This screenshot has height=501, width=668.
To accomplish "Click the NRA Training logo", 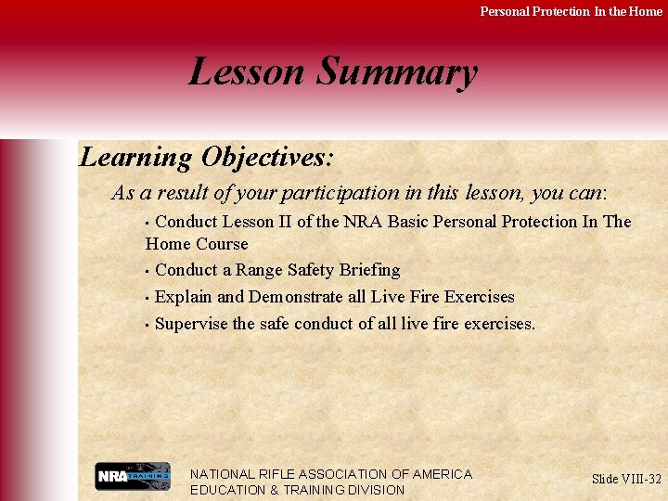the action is (133, 476).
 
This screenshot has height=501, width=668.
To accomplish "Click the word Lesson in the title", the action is (246, 71).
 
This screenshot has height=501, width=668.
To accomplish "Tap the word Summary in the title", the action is (397, 73).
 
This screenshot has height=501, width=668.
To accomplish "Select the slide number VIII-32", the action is (636, 479).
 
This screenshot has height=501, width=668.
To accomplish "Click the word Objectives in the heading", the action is (266, 158).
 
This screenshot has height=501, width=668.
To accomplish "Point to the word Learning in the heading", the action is (135, 158).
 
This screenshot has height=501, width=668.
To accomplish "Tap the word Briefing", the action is (370, 271).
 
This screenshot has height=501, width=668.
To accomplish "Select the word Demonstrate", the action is (296, 297).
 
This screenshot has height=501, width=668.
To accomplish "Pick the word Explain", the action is (183, 297).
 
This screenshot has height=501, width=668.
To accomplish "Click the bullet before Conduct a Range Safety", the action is (147, 271).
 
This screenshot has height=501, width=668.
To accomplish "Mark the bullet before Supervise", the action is (147, 326).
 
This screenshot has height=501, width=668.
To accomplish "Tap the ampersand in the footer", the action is (275, 491).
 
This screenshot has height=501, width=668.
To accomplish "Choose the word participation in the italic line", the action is (340, 193).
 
